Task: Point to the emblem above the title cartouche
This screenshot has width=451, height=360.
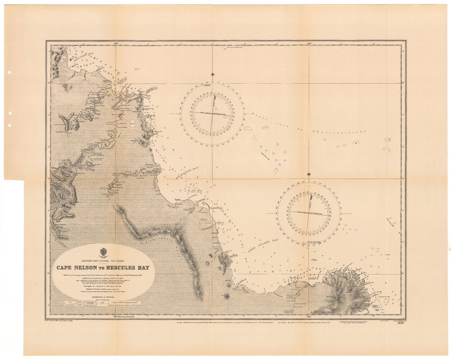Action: [x=102, y=251]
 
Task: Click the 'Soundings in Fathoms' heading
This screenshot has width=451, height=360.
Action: [x=102, y=295]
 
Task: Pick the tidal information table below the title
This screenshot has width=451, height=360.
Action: [x=102, y=303]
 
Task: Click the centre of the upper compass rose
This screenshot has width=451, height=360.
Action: [x=213, y=114]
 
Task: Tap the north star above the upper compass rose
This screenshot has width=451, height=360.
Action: [x=213, y=74]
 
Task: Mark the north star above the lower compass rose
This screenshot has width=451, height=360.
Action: [x=308, y=174]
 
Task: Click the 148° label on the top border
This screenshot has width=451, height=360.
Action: [x=116, y=43]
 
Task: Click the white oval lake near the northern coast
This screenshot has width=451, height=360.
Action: [x=133, y=123]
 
